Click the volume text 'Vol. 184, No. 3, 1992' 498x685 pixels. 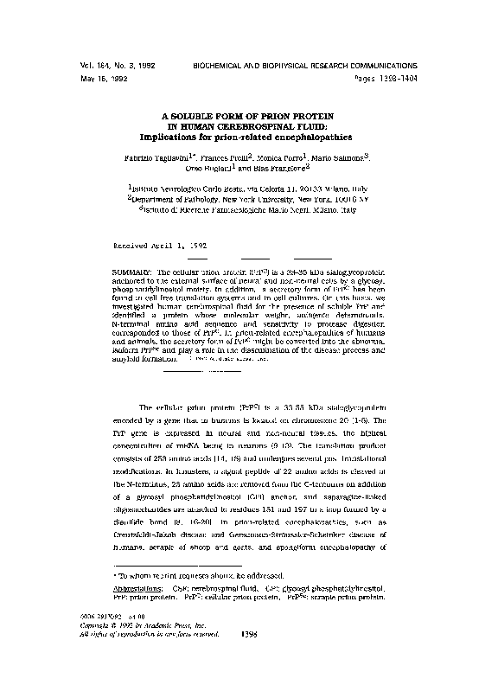tap(105, 65)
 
